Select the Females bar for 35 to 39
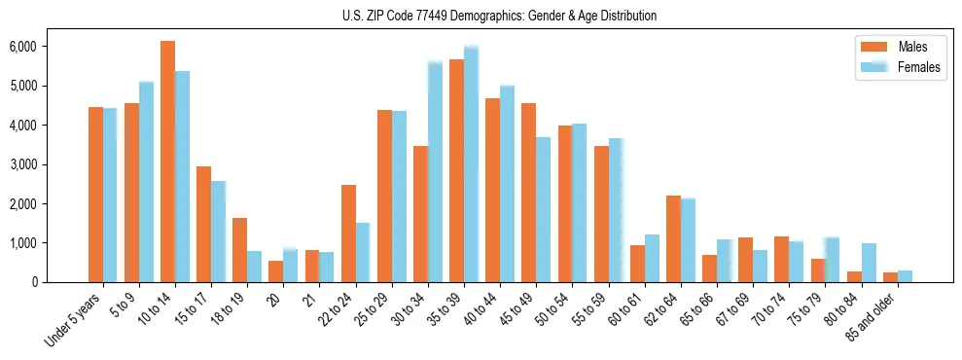(x=471, y=164)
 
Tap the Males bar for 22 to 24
(x=348, y=234)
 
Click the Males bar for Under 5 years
(x=95, y=195)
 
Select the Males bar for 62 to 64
(x=673, y=239)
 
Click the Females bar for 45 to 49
(x=543, y=210)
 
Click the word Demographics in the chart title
(x=508, y=16)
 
